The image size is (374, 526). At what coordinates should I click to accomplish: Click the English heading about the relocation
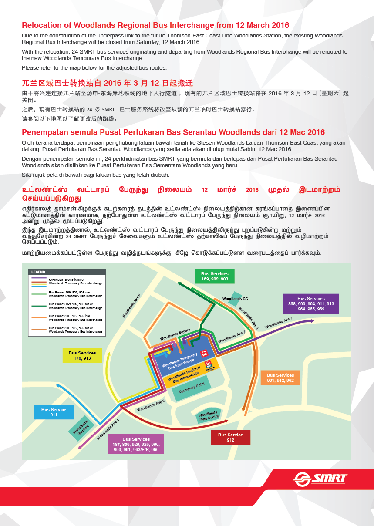(x=155, y=25)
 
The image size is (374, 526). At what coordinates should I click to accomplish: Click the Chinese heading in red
(x=107, y=83)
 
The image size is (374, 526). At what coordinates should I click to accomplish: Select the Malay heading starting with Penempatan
(x=173, y=132)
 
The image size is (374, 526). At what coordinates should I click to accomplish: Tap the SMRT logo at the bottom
(x=320, y=479)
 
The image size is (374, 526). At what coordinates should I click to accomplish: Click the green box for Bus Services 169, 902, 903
(x=215, y=276)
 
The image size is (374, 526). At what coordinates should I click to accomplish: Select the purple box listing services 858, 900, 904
(x=311, y=303)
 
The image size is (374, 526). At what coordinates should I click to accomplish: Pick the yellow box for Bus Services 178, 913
(x=82, y=355)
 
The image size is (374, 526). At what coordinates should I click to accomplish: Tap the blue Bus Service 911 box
(x=54, y=412)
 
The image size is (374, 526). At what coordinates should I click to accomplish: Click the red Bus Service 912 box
(x=230, y=437)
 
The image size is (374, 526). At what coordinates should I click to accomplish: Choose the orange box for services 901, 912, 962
(x=280, y=378)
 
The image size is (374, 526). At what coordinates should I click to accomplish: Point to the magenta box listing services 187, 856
(x=136, y=444)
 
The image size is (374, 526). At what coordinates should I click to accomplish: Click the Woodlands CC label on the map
(x=235, y=298)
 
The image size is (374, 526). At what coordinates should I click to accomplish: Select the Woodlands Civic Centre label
(x=208, y=417)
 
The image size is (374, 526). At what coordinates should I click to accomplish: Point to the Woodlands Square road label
(x=173, y=337)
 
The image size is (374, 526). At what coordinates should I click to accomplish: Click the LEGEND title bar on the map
(x=67, y=272)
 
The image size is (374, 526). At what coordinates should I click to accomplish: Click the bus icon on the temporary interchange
(x=203, y=353)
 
